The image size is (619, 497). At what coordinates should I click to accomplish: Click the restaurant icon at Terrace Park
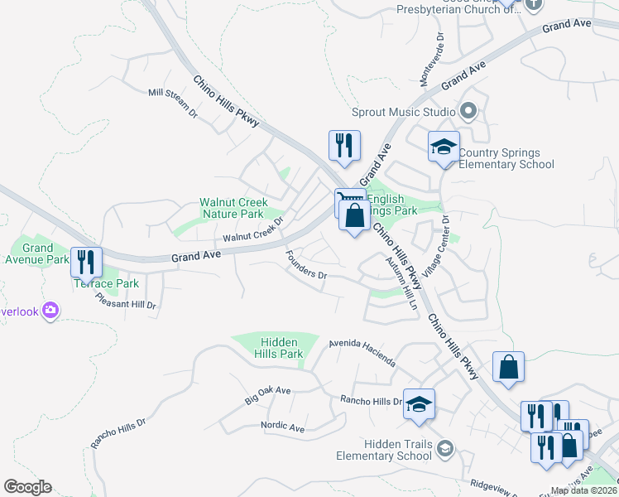(86, 263)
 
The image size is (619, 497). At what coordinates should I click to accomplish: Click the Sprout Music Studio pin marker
(468, 111)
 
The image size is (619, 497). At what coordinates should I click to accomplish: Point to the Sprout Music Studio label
(404, 112)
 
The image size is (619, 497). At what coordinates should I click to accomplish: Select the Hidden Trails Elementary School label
(384, 451)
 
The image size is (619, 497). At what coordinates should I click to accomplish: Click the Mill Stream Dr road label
(173, 102)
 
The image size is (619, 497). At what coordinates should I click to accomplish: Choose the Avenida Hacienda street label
(362, 353)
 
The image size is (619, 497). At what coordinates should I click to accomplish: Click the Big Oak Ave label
(268, 395)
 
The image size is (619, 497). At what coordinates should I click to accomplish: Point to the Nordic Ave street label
(283, 427)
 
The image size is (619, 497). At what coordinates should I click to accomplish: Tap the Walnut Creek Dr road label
(253, 232)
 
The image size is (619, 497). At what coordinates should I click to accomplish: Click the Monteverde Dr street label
(431, 60)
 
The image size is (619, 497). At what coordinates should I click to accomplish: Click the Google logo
(27, 487)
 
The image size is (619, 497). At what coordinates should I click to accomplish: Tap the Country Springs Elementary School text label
(506, 158)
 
